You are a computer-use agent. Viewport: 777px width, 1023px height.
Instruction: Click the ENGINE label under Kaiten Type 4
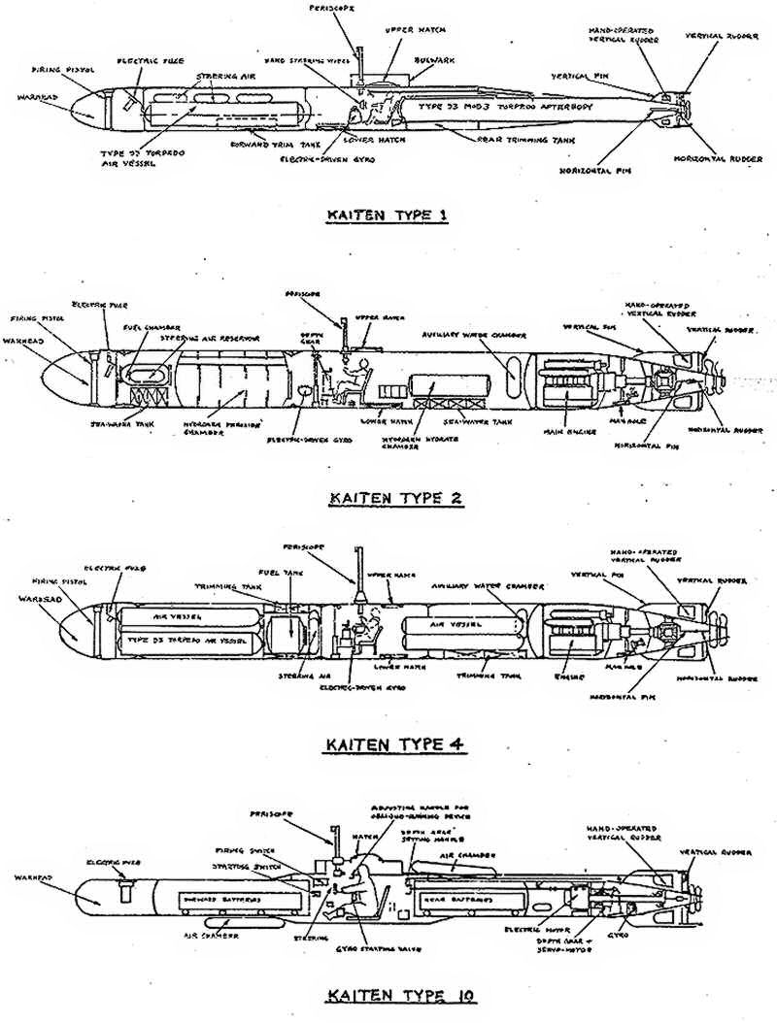(564, 669)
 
